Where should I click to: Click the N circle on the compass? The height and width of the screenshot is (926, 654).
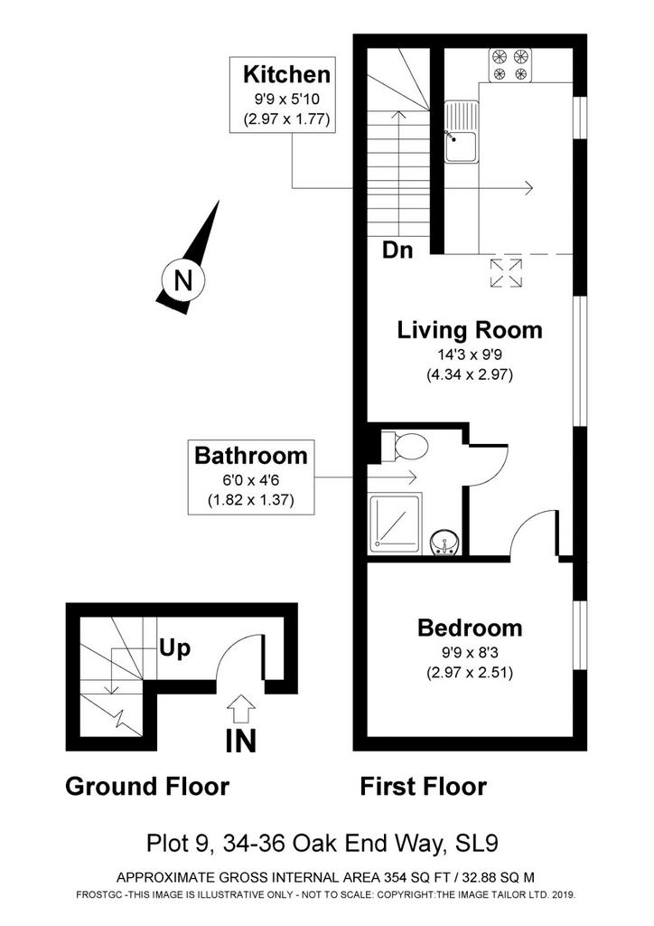point(182,279)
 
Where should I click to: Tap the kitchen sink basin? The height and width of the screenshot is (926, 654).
point(462,146)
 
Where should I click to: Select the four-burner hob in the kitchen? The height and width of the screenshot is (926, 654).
point(510,65)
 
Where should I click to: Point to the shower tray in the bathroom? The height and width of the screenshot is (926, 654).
point(395,524)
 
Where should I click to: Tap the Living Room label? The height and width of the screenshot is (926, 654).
point(470,330)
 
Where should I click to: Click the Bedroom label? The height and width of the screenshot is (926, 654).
point(470,628)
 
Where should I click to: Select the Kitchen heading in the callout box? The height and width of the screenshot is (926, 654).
point(286,75)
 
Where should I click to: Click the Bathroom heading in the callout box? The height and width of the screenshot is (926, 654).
point(251,456)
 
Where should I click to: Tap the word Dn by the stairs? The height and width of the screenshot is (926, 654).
point(397,250)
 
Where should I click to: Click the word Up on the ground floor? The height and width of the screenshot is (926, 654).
point(174,649)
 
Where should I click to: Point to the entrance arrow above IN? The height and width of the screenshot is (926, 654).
point(240,709)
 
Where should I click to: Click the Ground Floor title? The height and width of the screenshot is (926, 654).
point(147,787)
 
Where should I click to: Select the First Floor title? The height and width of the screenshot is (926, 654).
point(424,787)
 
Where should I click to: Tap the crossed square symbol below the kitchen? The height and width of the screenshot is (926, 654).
point(506,273)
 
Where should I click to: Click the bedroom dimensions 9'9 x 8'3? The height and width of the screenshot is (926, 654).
point(470,653)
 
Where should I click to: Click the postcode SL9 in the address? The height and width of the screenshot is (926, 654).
point(478,844)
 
